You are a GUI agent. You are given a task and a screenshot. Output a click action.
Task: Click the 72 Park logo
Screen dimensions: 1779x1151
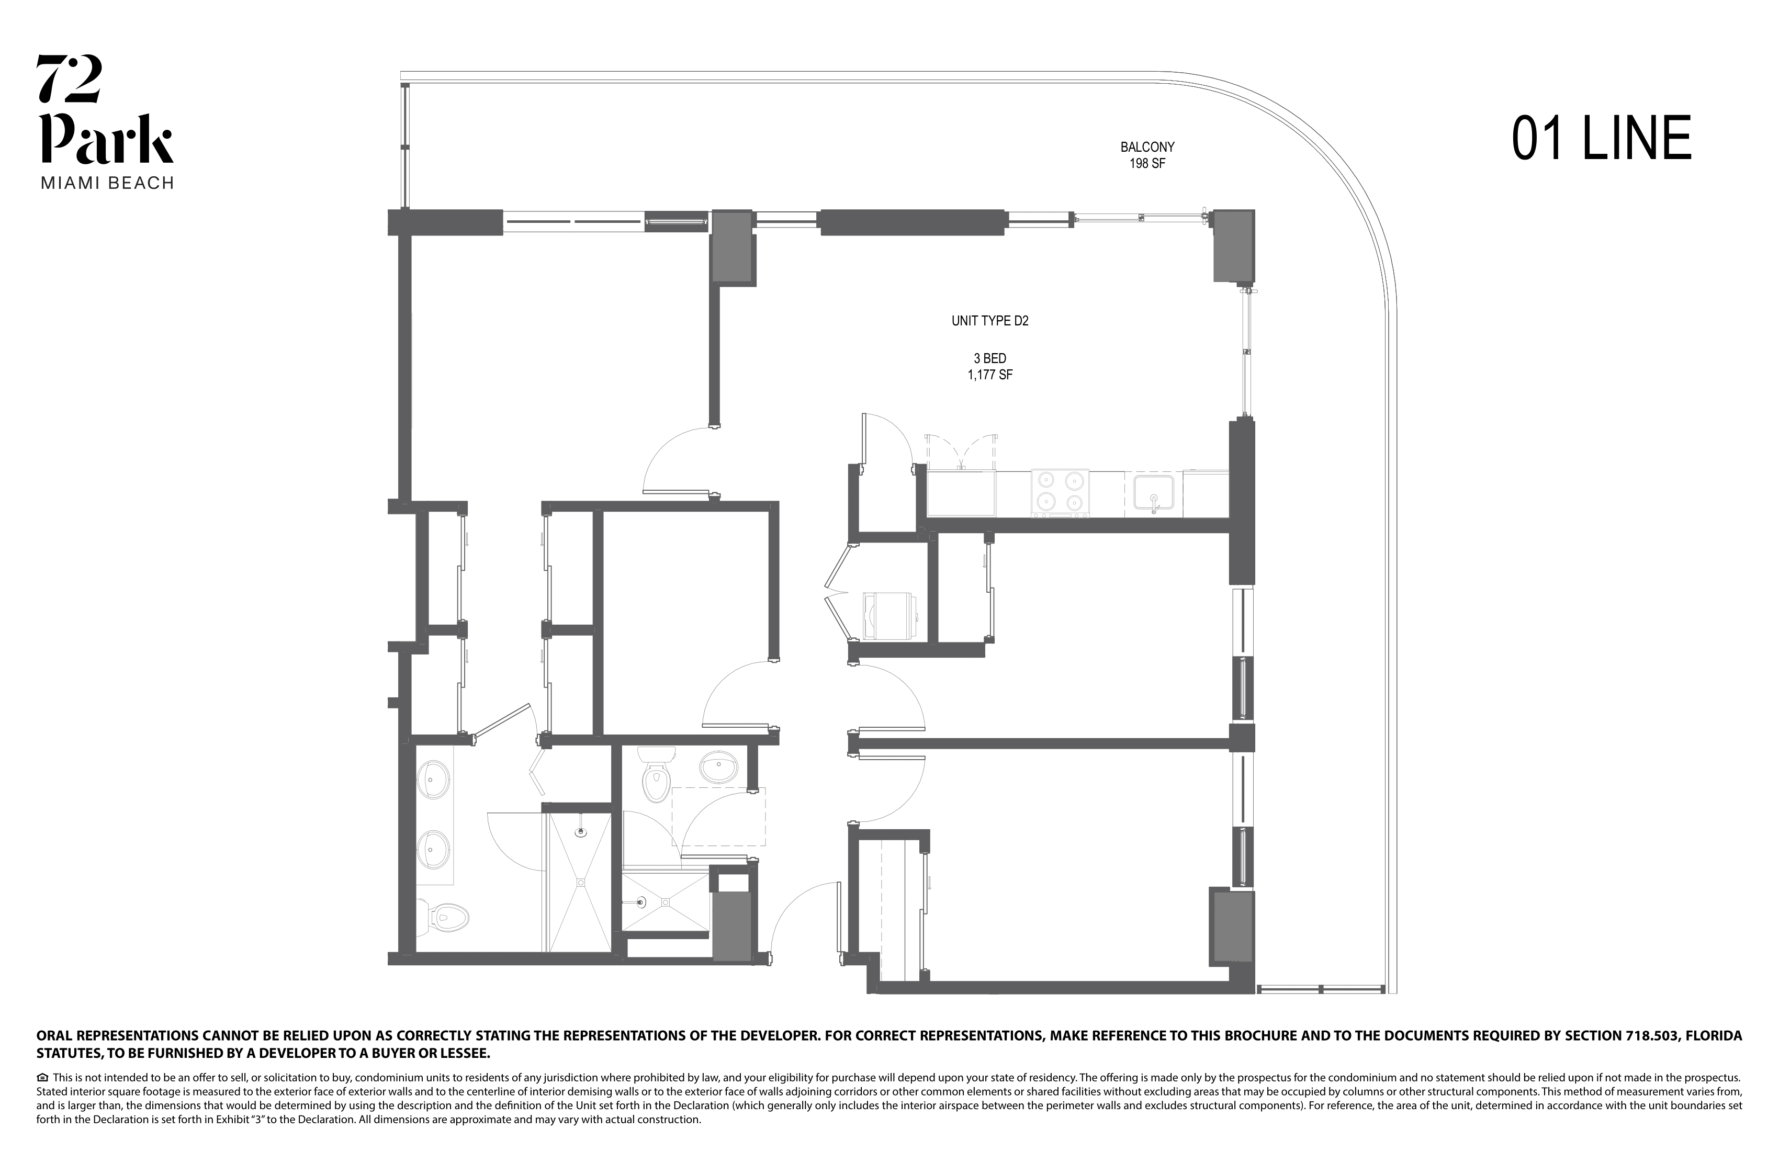(x=106, y=110)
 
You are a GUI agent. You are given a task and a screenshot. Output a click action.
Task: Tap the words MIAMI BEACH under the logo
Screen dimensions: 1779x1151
(x=107, y=183)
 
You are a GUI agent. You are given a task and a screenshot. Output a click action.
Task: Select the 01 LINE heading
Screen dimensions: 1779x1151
(x=1601, y=139)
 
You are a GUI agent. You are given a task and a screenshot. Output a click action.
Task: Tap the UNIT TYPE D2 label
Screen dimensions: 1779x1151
(x=989, y=321)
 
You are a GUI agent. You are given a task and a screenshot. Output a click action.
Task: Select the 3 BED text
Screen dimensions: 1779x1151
(x=989, y=359)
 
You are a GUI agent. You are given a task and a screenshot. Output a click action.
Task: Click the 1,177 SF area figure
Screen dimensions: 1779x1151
(x=989, y=375)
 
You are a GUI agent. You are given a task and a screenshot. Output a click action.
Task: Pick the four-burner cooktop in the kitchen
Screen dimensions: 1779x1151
(x=1060, y=492)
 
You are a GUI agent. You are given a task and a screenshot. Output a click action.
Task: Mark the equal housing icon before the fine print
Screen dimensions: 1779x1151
(x=42, y=1078)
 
